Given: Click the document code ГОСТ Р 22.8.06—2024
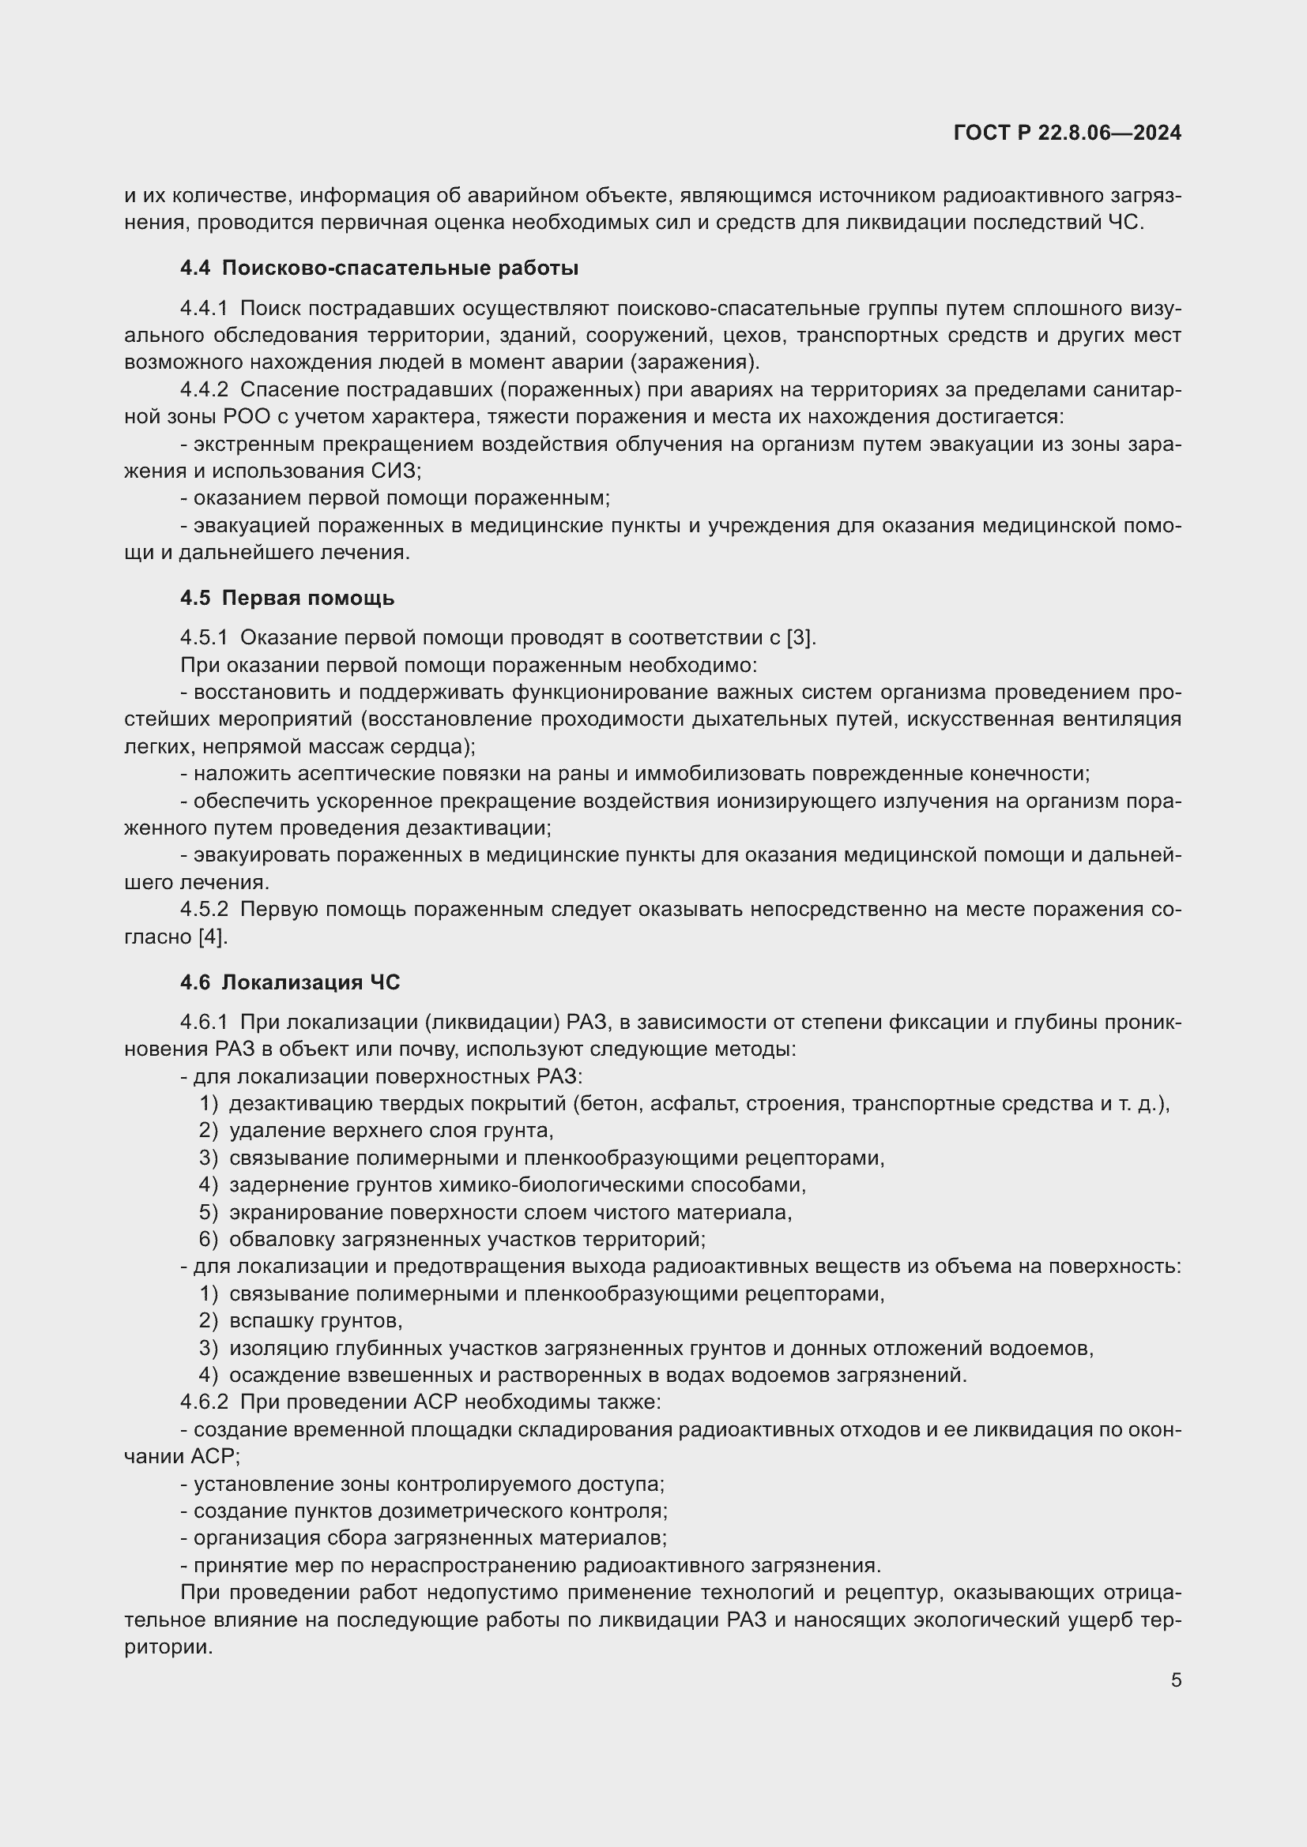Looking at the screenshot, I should point(1067,133).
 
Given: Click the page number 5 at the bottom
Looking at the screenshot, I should point(1176,1680).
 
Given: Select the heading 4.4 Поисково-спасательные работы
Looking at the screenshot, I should point(379,268).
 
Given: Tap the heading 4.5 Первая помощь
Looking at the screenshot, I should point(288,598).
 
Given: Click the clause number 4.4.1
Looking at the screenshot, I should point(204,308).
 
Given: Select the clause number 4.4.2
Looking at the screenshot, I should point(204,389).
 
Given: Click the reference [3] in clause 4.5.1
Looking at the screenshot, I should point(800,638).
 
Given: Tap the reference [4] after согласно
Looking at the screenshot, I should point(213,937).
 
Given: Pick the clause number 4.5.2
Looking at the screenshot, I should point(204,909).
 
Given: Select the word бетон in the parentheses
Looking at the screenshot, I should point(608,1104).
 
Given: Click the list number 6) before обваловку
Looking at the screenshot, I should point(209,1240).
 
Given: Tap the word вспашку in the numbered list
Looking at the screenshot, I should point(272,1321).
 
